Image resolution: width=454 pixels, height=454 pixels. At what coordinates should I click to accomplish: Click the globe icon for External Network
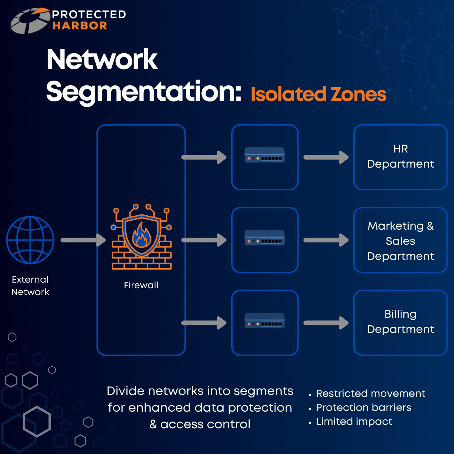click(x=30, y=240)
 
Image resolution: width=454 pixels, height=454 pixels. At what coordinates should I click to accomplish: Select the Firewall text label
click(x=141, y=285)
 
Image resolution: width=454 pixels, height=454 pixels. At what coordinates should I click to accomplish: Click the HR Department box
click(x=401, y=157)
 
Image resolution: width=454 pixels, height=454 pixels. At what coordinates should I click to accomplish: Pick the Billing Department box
click(x=401, y=322)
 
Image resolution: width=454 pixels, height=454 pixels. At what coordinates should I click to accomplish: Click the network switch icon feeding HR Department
click(x=265, y=155)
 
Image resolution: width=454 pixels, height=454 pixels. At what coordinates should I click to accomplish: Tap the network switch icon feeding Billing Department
click(x=265, y=321)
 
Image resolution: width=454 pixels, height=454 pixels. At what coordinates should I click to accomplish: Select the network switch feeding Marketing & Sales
click(x=265, y=238)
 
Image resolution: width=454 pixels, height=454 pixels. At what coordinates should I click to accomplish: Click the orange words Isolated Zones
click(x=318, y=95)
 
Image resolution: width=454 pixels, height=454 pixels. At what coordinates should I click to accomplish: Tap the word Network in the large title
click(x=102, y=60)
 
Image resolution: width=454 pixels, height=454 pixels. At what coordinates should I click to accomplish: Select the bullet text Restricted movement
click(x=370, y=393)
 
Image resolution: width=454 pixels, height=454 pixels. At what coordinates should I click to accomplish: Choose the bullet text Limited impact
click(x=354, y=421)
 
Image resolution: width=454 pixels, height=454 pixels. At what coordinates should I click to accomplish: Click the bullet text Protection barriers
click(x=363, y=407)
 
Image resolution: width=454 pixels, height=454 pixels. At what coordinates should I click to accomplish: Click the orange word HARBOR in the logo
click(x=80, y=26)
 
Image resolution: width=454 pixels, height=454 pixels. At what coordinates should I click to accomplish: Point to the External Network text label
click(x=30, y=286)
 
